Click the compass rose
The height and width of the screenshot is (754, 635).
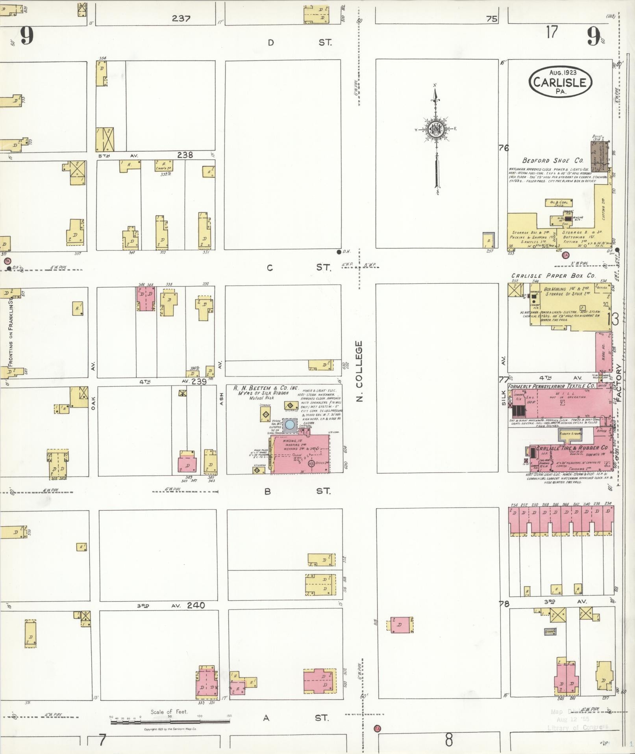click(x=436, y=129)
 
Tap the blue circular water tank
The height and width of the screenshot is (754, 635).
click(x=290, y=424)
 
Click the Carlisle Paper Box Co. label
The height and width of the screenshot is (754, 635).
click(x=553, y=276)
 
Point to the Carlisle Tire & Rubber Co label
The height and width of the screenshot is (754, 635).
click(x=572, y=448)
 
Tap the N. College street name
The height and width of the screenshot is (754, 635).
click(x=359, y=372)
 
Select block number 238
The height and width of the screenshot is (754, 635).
click(x=185, y=155)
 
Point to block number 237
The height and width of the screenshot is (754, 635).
click(x=181, y=18)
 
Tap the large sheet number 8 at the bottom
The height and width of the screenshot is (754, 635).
click(x=448, y=741)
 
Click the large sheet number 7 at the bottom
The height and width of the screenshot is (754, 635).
click(x=102, y=741)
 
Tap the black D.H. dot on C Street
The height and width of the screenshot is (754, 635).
click(x=339, y=251)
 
